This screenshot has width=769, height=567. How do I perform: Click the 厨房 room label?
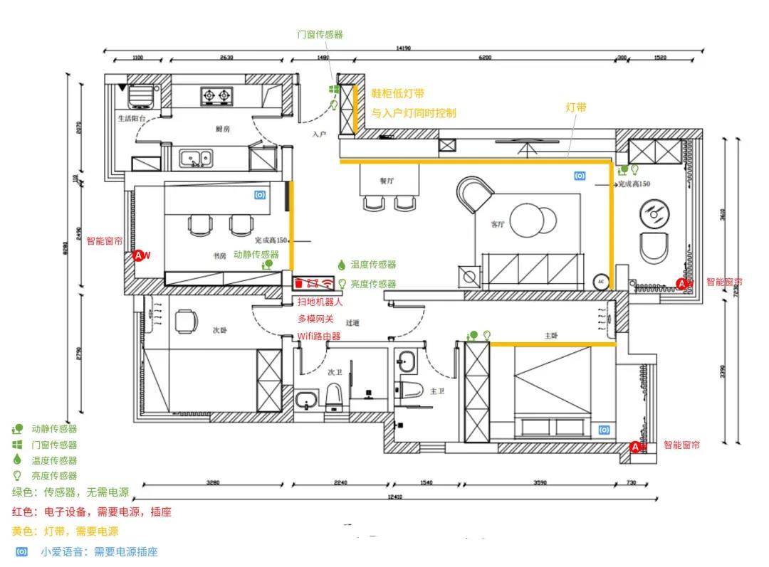pos(222,129)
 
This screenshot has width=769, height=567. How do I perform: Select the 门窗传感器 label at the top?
pos(320,34)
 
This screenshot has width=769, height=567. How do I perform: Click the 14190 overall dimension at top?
pos(404,48)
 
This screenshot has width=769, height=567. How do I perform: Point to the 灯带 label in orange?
pos(576,107)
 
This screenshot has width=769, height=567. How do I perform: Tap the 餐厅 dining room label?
pos(387,181)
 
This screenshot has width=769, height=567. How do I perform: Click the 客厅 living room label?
pos(498,224)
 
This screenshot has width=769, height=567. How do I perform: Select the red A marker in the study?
pos(140,255)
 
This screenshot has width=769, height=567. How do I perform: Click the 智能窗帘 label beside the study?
pos(105,241)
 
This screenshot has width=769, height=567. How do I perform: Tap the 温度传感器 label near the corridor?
pos(373,265)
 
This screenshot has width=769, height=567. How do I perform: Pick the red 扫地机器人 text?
pos(320,302)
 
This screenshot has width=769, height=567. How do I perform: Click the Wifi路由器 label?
pos(318,336)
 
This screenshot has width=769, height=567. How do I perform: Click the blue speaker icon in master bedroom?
pos(605,430)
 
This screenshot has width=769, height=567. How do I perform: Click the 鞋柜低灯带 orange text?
pos(398,93)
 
